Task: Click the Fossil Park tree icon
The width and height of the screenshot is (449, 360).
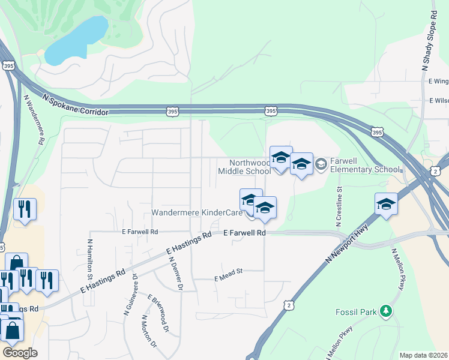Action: [387, 311]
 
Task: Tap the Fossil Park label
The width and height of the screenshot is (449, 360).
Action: [357, 311]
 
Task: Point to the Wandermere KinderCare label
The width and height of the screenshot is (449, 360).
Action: [196, 212]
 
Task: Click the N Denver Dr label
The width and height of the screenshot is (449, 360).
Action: [175, 274]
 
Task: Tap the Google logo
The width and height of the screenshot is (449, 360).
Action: [19, 352]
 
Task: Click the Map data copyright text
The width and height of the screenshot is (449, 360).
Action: [423, 355]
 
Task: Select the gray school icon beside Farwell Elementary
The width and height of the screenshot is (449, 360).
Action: [321, 163]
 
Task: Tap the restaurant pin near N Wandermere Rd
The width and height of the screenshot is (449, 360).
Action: [24, 209]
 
